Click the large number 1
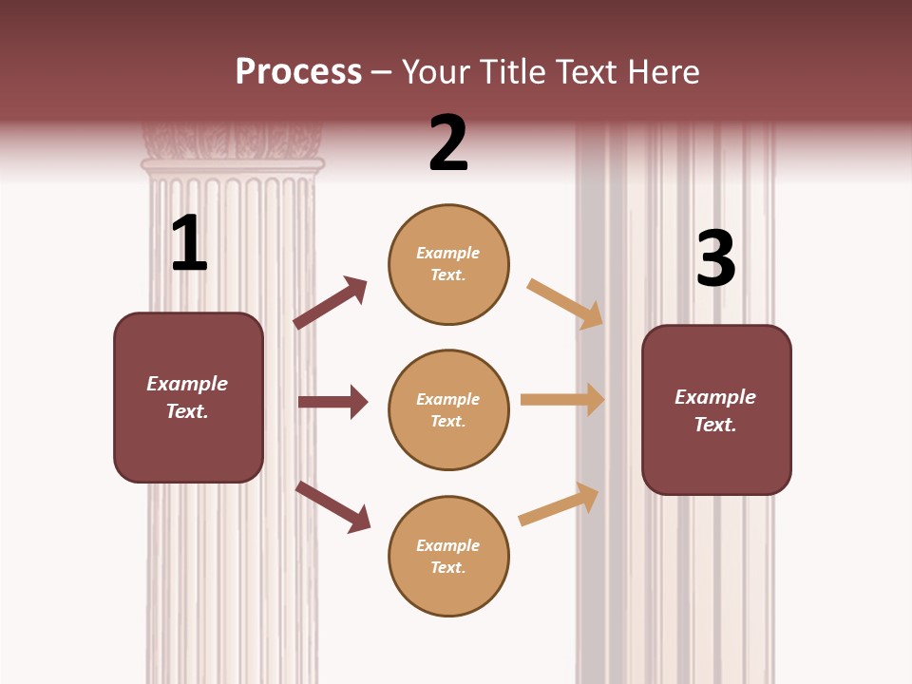pos(189,243)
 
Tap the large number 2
pos(448,143)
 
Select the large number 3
pos(715,258)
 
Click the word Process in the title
pos(298,71)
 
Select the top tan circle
pos(448,264)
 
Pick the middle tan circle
pos(448,409)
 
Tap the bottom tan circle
pos(448,556)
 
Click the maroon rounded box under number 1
pos(188,397)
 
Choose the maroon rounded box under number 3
pos(716,409)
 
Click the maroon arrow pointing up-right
pos(330,304)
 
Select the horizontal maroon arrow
pos(332,402)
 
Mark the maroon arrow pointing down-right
pos(332,506)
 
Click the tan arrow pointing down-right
pos(565,303)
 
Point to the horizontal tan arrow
pos(562,400)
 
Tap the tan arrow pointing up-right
pos(559,504)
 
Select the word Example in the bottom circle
pos(447,545)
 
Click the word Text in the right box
pos(713,425)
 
